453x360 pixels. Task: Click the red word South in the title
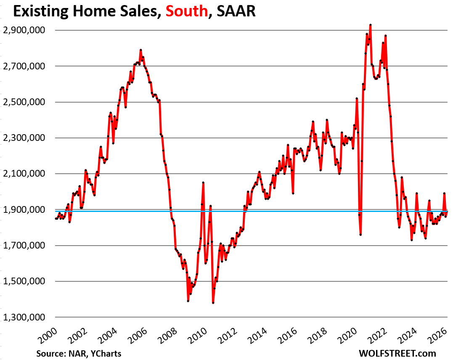187,11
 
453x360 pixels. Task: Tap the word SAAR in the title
236,11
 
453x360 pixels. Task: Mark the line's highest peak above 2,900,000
370,25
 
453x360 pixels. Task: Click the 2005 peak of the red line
140,50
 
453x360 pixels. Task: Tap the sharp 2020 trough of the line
360,234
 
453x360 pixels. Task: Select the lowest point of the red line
213,303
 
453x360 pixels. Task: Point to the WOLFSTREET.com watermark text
397,353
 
